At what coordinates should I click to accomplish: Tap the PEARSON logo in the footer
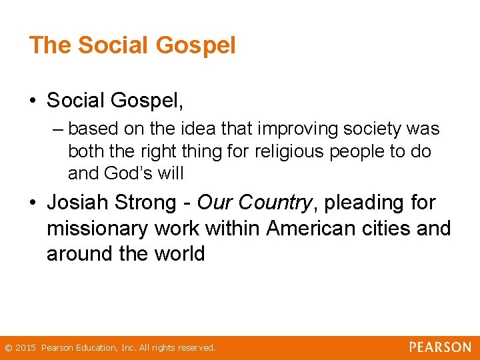(440, 347)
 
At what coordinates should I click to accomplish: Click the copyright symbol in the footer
(7, 348)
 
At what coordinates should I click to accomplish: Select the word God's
(128, 174)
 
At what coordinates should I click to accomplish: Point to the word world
(177, 254)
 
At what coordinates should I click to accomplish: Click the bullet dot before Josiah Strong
(33, 203)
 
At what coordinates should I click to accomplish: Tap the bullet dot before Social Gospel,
(33, 101)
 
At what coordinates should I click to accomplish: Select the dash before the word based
(58, 128)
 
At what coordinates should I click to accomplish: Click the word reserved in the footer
(195, 348)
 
